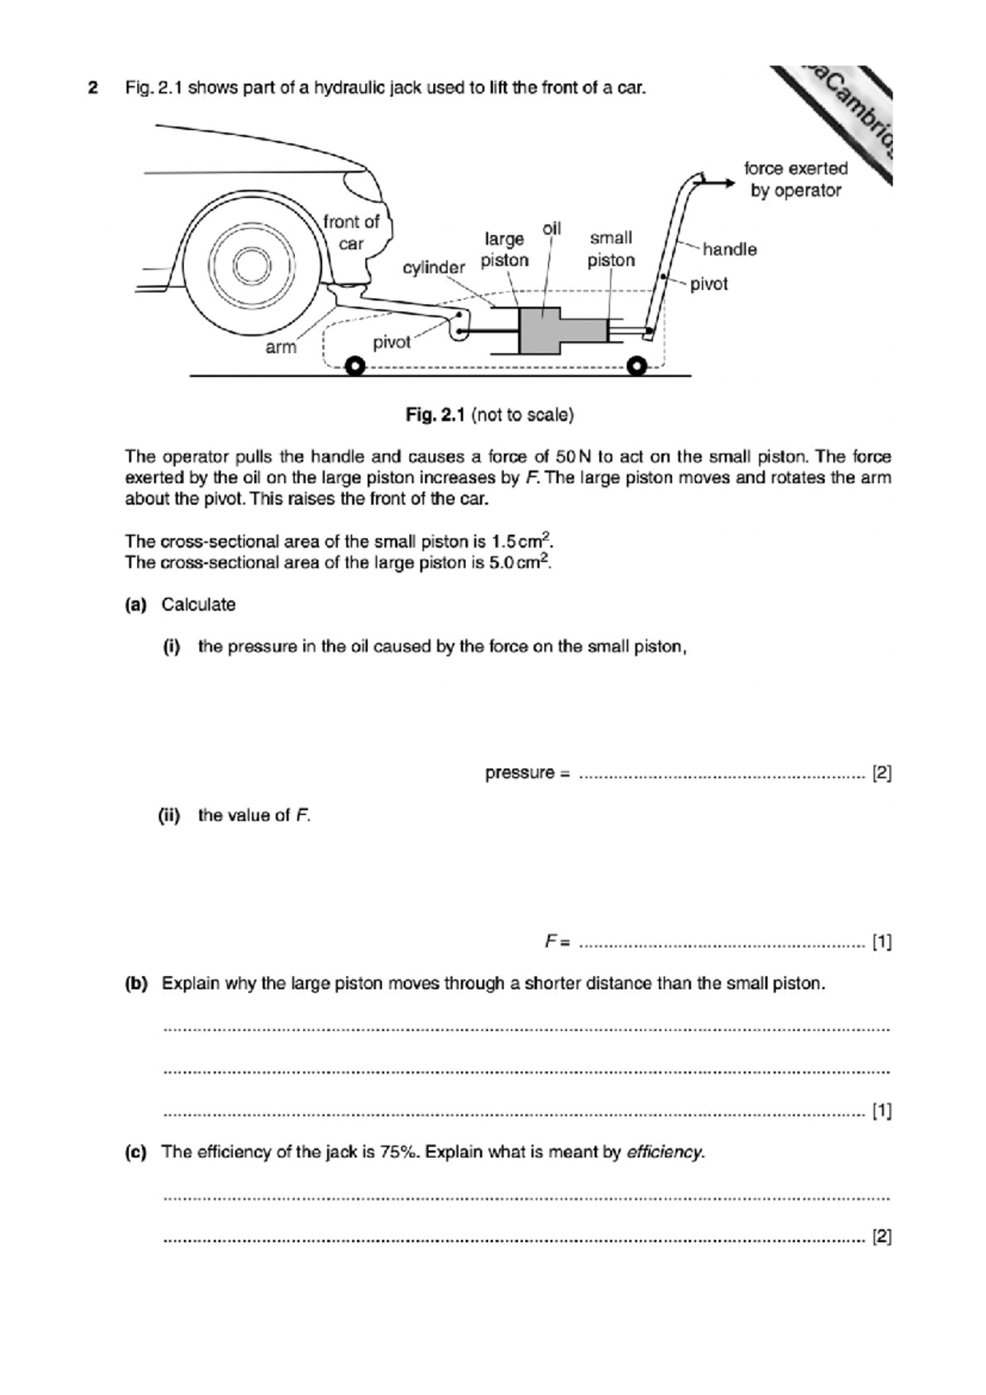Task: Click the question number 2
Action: click(x=93, y=87)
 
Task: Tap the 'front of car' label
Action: click(x=351, y=232)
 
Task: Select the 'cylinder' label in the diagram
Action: click(x=433, y=268)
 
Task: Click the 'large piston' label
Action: click(x=505, y=249)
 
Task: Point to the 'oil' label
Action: click(x=552, y=228)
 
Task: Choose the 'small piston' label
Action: click(x=610, y=249)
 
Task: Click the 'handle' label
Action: click(x=729, y=249)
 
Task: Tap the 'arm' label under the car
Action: click(x=280, y=348)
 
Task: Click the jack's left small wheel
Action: click(x=354, y=366)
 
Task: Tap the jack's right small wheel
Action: click(x=637, y=366)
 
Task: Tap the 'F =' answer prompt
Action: click(x=558, y=942)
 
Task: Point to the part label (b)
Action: click(x=136, y=983)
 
